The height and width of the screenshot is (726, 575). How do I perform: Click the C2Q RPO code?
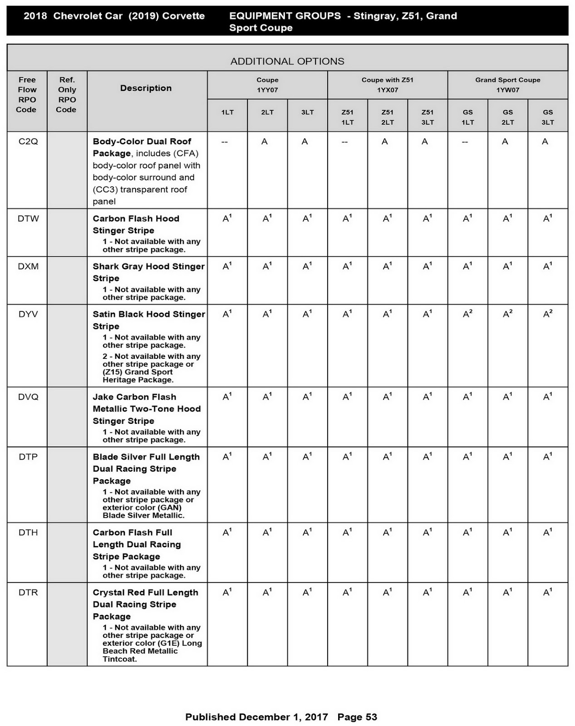(28, 142)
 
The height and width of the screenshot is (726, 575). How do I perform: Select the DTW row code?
(28, 219)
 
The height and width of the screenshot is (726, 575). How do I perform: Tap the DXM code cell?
(28, 266)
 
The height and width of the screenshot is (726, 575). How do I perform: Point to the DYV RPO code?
(28, 314)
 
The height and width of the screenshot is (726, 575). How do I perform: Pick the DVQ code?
(28, 397)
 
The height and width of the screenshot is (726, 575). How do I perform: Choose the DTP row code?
(28, 457)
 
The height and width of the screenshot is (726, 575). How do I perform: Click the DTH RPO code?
(28, 532)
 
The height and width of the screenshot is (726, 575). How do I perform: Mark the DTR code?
(28, 593)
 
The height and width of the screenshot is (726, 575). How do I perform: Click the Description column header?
(146, 88)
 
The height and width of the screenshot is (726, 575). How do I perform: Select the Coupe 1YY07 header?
(267, 85)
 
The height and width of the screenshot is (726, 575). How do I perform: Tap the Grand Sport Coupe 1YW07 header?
(507, 85)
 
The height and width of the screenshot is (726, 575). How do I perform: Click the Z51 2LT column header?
(387, 117)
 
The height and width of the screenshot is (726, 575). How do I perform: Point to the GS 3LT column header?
(547, 117)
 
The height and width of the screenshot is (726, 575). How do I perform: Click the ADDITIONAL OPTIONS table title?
(287, 61)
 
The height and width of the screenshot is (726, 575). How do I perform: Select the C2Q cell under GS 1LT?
(465, 142)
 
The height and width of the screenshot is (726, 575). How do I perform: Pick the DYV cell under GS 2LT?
(507, 314)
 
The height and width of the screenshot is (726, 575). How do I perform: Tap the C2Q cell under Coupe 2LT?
(265, 142)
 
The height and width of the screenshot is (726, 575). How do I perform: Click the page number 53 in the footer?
(371, 717)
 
